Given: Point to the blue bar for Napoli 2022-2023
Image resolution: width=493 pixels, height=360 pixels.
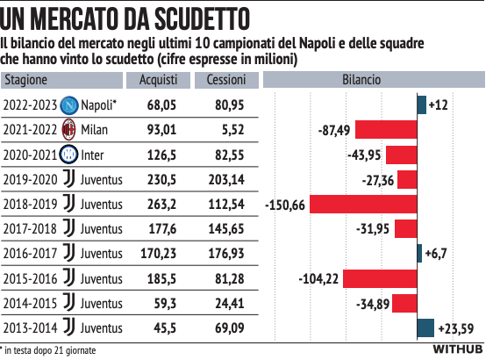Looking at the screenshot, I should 422,105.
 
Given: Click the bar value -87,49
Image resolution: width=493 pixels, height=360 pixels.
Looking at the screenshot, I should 334,130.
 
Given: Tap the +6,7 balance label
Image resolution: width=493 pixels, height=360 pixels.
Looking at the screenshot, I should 436,254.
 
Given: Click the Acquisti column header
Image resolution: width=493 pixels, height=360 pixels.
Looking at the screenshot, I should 159,80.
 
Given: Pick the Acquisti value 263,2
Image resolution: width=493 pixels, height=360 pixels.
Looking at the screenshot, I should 160,204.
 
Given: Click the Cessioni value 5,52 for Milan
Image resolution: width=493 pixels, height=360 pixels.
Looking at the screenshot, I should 227,130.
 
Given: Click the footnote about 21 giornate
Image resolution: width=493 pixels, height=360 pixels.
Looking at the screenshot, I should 49,349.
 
